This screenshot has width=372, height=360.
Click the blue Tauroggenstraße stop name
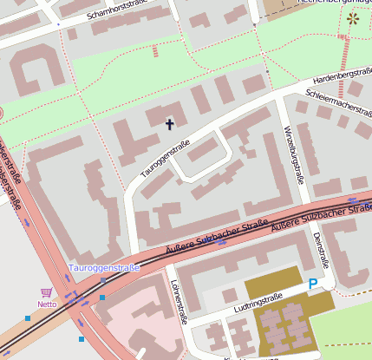click(104, 268)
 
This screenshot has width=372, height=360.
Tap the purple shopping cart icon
click(46, 293)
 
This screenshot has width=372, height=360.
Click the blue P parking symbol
click(312, 284)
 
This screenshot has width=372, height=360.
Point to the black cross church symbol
click(169, 123)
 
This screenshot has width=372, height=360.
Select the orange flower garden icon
click(352, 17)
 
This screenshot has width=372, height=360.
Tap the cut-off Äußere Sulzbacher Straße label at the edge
click(321, 218)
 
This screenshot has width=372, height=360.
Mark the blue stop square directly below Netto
click(28, 318)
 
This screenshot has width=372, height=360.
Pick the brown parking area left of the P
click(272, 288)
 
